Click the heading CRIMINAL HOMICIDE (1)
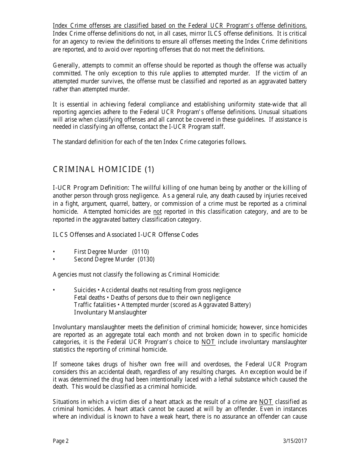click(103, 169)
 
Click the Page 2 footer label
click(61, 441)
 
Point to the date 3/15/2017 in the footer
click(295, 441)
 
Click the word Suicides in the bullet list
click(85, 290)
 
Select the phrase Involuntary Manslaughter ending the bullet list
click(110, 313)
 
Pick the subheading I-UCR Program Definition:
click(91, 188)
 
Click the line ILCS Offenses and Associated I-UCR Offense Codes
click(125, 235)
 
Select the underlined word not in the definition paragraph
click(157, 211)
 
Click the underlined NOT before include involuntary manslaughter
click(208, 342)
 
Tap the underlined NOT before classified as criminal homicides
click(266, 402)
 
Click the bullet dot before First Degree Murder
click(54, 252)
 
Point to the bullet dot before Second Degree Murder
click(54, 260)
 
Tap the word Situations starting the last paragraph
click(66, 402)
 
